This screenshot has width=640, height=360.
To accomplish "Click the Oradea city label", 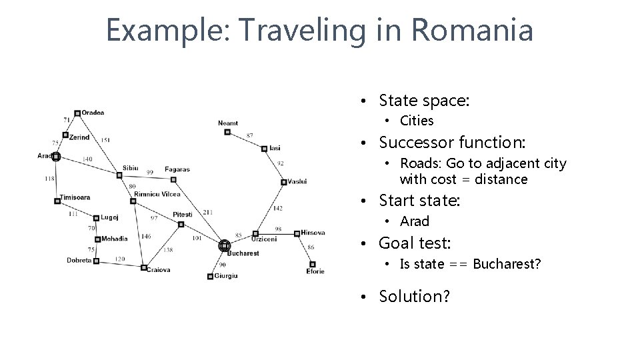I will point(93,113).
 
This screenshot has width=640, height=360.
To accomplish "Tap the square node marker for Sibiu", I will point(119,175).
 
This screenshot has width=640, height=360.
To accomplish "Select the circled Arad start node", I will point(56,157).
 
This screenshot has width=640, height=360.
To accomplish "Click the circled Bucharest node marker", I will point(224,246).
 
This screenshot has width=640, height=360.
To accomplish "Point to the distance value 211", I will point(208,212).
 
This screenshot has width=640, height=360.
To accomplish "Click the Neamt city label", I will point(228,123).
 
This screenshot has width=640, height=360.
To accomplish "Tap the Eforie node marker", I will point(312,264).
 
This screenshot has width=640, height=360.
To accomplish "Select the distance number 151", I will point(105,140).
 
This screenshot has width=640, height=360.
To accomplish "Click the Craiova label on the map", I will point(159,270).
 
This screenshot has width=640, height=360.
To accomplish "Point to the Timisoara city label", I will point(75,197).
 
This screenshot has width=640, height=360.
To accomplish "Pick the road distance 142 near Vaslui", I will point(277,209).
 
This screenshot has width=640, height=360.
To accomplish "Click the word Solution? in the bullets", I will point(414,296).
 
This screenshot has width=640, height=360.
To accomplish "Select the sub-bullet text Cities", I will point(417,121).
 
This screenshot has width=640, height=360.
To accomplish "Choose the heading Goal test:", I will point(415,243).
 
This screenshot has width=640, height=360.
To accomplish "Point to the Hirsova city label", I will point(313,233).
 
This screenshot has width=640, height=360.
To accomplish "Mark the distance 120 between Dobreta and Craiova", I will point(119,259).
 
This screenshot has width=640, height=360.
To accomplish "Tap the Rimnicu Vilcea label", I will point(157,194).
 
